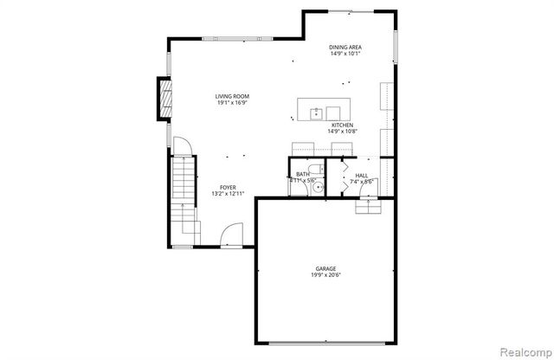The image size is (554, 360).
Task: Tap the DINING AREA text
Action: (345, 47)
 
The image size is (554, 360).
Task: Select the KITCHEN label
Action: (342, 125)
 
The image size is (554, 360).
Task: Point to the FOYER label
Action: (228, 187)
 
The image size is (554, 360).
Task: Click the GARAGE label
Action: (325, 269)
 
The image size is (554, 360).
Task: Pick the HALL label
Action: (362, 175)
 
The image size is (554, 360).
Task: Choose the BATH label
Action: (303, 174)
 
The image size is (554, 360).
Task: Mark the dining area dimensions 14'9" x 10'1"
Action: (345, 54)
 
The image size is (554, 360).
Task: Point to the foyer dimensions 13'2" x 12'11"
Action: (228, 194)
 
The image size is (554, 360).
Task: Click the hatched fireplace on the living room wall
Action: (162, 97)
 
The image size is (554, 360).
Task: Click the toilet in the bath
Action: (315, 170)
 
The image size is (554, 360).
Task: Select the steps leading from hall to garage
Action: (368, 207)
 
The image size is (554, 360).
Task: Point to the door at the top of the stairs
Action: (181, 146)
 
